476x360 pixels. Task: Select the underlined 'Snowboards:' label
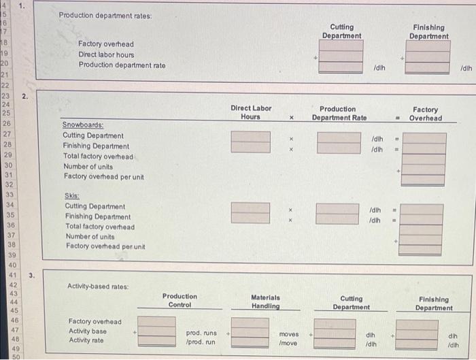tap(83, 125)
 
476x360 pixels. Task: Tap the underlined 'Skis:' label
tap(71, 195)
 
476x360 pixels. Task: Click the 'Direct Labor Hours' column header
tap(250, 112)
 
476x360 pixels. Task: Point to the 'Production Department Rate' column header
tap(339, 113)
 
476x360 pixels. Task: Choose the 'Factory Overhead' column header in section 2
tap(425, 114)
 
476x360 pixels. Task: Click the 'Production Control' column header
tap(180, 301)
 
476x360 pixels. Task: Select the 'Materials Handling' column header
tap(267, 301)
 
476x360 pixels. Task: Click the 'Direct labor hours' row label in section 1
tap(106, 54)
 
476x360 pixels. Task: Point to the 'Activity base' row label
tap(88, 331)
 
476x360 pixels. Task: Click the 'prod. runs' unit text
tap(201, 333)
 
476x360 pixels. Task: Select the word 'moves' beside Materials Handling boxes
tap(289, 334)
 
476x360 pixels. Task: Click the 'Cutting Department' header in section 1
tap(342, 31)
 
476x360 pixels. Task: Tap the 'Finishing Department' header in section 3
tap(433, 304)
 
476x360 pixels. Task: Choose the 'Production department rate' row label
tap(122, 65)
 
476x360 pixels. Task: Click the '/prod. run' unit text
tap(201, 342)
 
